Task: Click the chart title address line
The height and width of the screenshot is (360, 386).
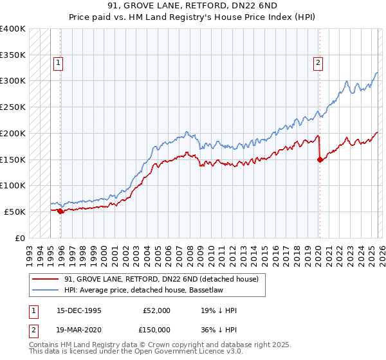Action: (193, 6)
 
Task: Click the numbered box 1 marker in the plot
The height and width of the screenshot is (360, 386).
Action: (59, 63)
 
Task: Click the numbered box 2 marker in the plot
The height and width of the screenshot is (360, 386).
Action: (318, 63)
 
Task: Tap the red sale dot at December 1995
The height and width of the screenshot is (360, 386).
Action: (60, 210)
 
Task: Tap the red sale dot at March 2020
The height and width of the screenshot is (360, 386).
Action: (320, 160)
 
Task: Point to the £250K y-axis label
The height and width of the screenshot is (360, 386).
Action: (13, 107)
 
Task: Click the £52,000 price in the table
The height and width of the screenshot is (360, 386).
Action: (156, 310)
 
